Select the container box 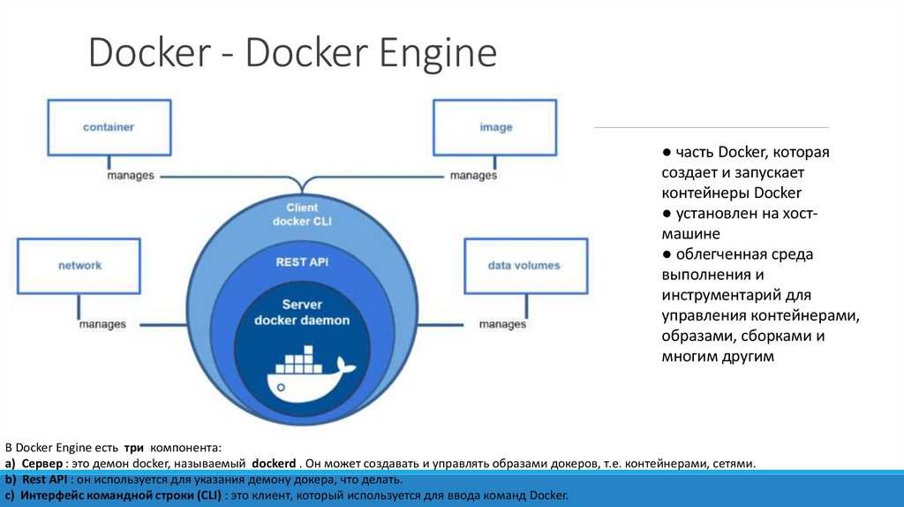point(108,127)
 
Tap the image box point(495,127)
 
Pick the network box point(79,265)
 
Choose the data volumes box point(524,265)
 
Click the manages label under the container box point(131,176)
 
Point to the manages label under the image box point(473,176)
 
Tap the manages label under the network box point(102,324)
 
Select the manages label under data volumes point(502,324)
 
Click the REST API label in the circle point(302,261)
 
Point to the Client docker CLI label point(302,214)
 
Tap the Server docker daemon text point(302,312)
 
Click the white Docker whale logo point(309,375)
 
